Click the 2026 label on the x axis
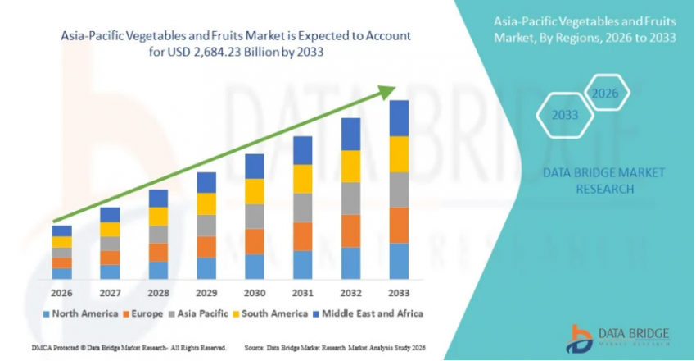[x=61, y=293]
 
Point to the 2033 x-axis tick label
[x=399, y=293]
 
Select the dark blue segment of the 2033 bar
[x=399, y=118]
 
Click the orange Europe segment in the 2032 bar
[x=350, y=231]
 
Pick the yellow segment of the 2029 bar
[x=206, y=203]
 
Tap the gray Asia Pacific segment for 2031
[x=302, y=208]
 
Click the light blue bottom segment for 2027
[x=110, y=272]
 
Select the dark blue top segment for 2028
[x=158, y=198]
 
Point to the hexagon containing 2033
[x=563, y=116]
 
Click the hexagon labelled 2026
[x=604, y=94]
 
